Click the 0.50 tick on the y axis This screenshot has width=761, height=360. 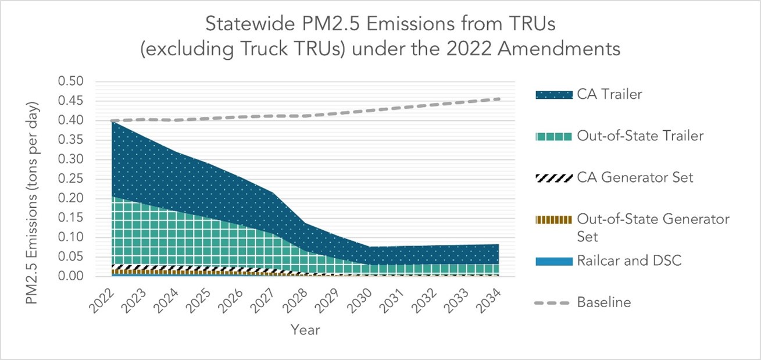(x=70, y=81)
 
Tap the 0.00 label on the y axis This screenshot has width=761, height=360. (x=70, y=276)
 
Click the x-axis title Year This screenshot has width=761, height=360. (x=305, y=330)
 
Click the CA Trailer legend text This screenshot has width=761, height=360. (x=609, y=94)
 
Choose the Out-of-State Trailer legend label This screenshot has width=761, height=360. (x=640, y=136)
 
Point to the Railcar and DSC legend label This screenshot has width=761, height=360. (x=628, y=261)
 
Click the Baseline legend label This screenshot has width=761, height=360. (x=603, y=302)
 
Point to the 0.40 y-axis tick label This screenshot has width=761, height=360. (x=70, y=120)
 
